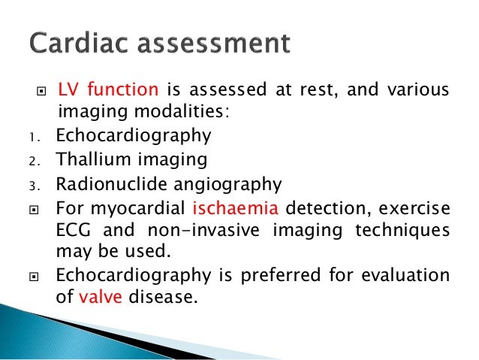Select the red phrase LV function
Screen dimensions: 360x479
107,91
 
